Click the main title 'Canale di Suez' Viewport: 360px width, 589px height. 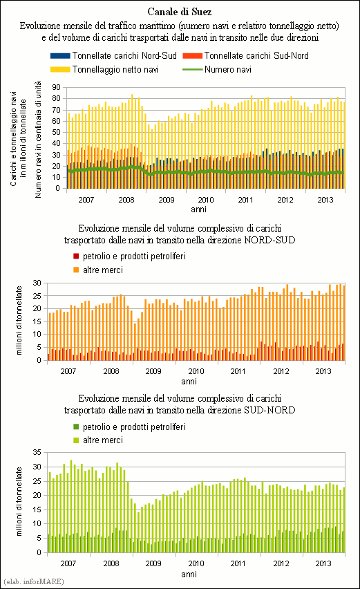point(180,12)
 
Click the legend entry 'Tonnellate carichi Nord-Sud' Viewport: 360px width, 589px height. point(113,55)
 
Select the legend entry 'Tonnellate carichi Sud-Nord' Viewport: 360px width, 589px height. point(245,55)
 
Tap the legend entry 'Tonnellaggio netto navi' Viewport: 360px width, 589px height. point(104,70)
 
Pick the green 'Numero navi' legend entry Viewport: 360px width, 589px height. point(216,70)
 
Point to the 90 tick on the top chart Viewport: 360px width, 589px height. point(56,88)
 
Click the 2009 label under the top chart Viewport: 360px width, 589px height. point(167,200)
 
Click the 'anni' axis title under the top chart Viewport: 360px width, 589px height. point(198,209)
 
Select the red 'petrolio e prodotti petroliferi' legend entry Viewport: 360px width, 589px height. point(129,256)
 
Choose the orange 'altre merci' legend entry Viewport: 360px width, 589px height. point(98,270)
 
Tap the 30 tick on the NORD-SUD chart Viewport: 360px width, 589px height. point(37,283)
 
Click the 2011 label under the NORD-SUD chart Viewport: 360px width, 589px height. point(238,371)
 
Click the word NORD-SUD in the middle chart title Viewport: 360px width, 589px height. point(269,240)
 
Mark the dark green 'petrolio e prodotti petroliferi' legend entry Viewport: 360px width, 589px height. point(129,427)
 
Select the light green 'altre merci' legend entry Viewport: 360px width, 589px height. point(98,440)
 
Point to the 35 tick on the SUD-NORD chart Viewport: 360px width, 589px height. point(37,452)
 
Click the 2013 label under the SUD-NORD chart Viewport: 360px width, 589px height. point(323,563)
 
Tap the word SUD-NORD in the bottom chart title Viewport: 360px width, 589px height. point(269,410)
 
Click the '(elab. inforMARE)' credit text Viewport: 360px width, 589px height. point(32,581)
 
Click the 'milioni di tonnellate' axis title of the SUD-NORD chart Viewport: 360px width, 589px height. point(19,501)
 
